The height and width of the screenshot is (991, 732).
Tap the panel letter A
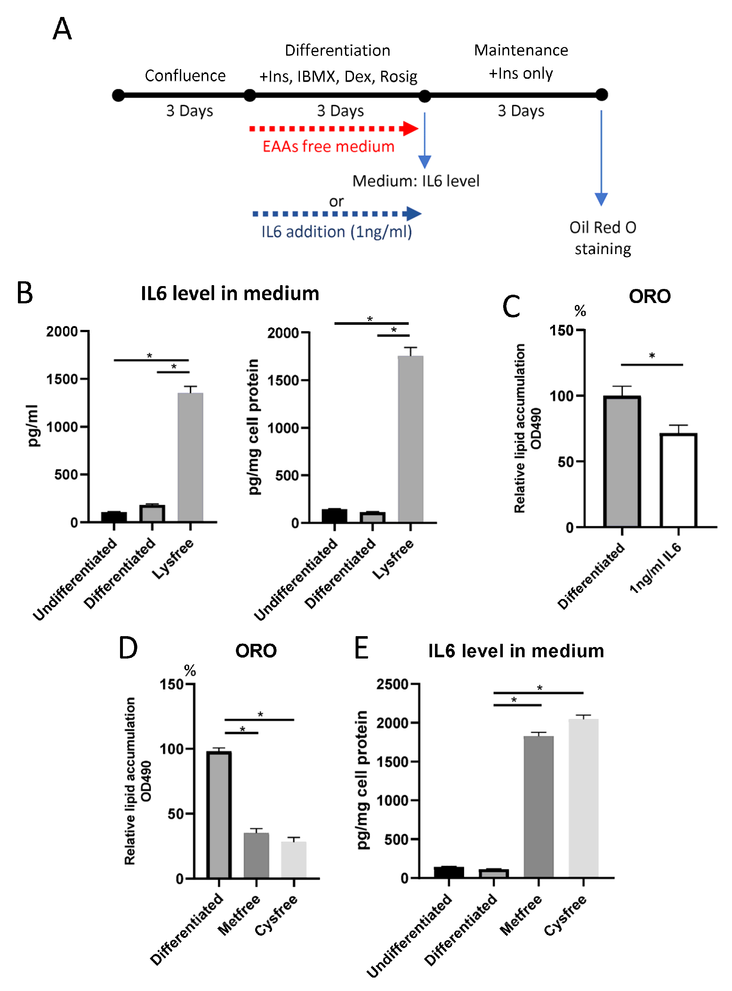pyautogui.click(x=62, y=29)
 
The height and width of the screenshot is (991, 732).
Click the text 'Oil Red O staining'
pyautogui.click(x=603, y=238)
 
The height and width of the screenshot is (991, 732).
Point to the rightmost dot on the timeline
pyautogui.click(x=601, y=94)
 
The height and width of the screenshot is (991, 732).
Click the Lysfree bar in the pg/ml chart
pyautogui.click(x=190, y=457)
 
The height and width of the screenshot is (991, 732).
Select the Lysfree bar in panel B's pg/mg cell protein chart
pyautogui.click(x=410, y=439)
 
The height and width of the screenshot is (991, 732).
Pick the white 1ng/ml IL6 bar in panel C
pyautogui.click(x=678, y=480)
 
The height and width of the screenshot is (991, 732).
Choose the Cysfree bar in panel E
pyautogui.click(x=583, y=798)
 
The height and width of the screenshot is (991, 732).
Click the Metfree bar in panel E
pyautogui.click(x=538, y=806)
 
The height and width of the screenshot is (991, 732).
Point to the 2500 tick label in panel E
pyautogui.click(x=392, y=684)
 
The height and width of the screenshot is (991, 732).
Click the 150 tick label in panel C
pyautogui.click(x=561, y=331)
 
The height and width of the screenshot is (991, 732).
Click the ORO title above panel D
pyautogui.click(x=256, y=651)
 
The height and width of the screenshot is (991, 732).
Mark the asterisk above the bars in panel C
pyautogui.click(x=652, y=356)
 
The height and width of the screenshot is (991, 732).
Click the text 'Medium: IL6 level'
pyautogui.click(x=416, y=181)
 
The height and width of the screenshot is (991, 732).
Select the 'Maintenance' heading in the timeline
pyautogui.click(x=521, y=51)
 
